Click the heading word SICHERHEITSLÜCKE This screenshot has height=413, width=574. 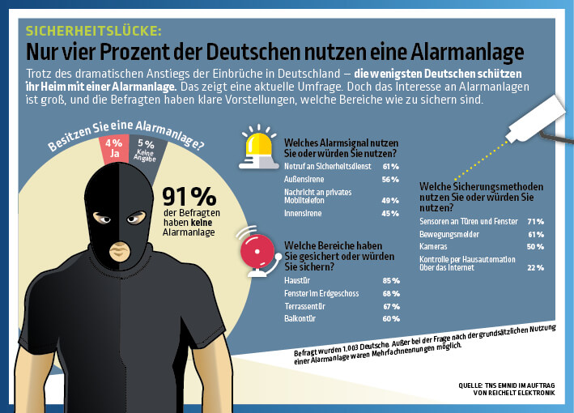click(94, 32)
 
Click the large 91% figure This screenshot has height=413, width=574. click(189, 197)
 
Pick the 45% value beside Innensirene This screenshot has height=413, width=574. click(390, 214)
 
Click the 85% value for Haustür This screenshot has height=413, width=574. click(390, 280)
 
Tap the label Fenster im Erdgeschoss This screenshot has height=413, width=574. click(321, 293)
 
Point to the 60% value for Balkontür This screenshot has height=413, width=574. click(390, 319)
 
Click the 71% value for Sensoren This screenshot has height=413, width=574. click(535, 221)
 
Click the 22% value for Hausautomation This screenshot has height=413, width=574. click(535, 267)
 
